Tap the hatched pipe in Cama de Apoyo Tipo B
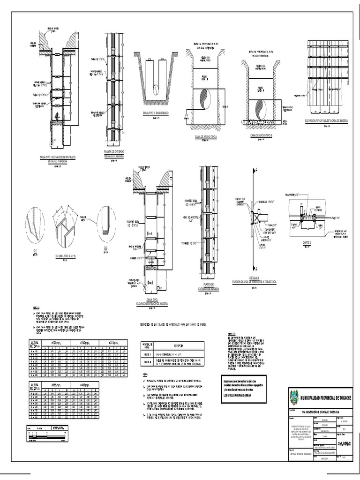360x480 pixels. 260,109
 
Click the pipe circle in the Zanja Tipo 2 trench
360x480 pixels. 156,89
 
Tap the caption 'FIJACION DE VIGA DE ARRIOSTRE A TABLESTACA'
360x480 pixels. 256,281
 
